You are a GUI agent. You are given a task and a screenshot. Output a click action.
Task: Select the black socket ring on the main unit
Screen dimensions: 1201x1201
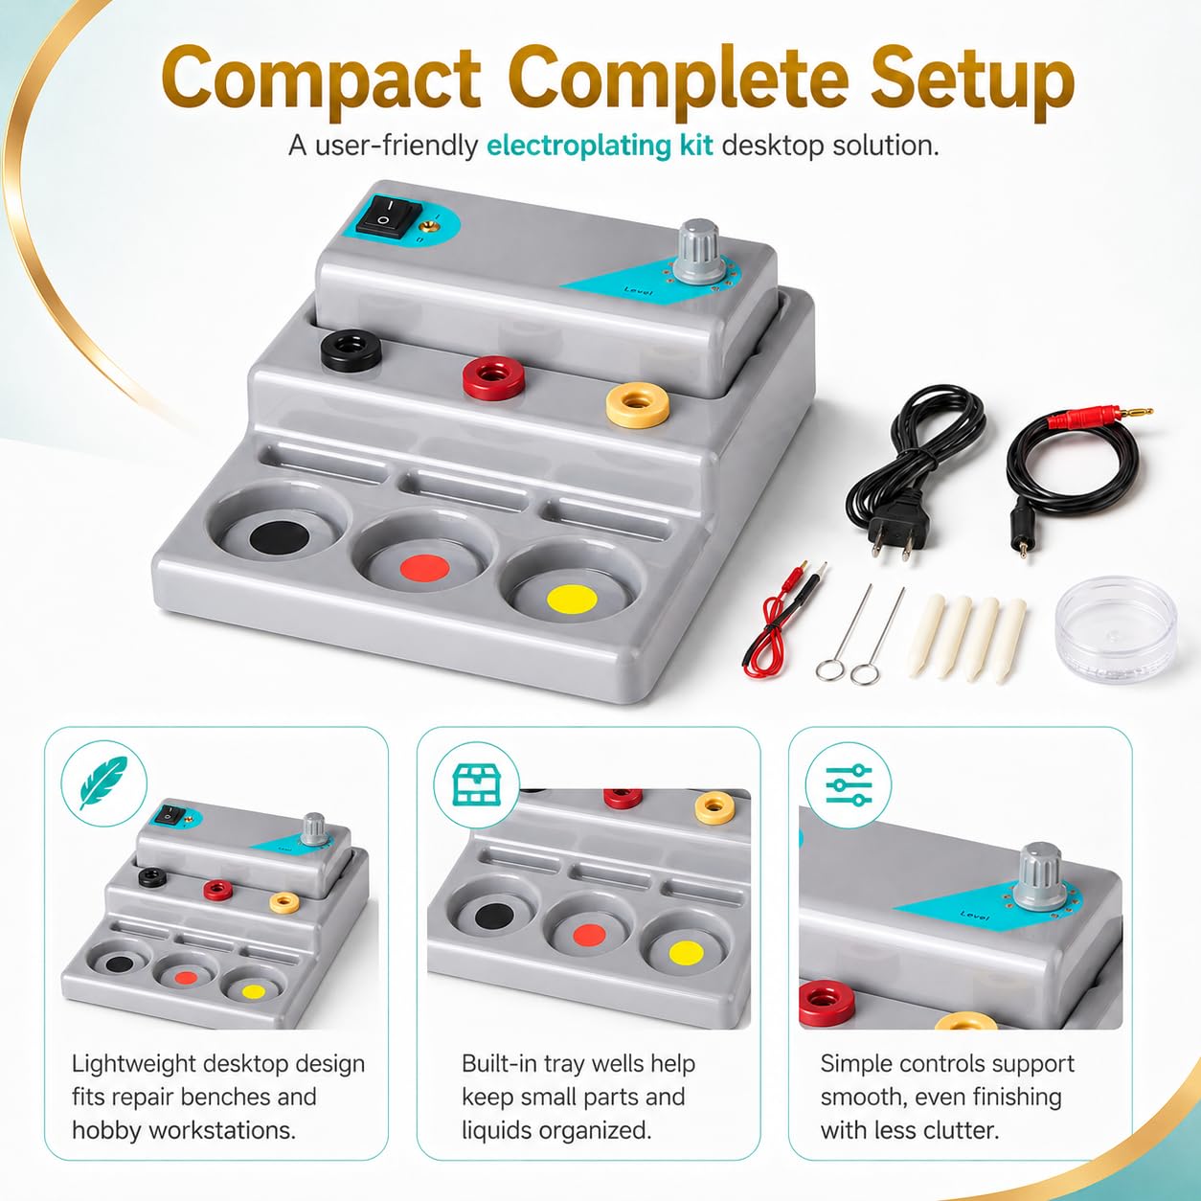[351, 349]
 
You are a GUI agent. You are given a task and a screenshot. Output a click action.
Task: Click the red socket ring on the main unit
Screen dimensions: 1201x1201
[493, 377]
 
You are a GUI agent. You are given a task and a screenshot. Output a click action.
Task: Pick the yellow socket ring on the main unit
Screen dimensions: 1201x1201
[638, 404]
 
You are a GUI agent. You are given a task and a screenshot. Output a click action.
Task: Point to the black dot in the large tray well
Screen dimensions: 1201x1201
[280, 535]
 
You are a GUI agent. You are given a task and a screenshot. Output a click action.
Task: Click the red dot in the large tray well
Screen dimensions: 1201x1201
[424, 568]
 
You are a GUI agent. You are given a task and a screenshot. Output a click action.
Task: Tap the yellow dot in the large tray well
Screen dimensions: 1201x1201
[572, 599]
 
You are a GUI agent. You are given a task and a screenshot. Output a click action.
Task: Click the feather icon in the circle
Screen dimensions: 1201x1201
[103, 782]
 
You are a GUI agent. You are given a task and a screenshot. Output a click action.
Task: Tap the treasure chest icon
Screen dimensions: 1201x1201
[476, 784]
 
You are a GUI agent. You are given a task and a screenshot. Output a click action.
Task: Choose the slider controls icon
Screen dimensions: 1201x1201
[849, 784]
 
